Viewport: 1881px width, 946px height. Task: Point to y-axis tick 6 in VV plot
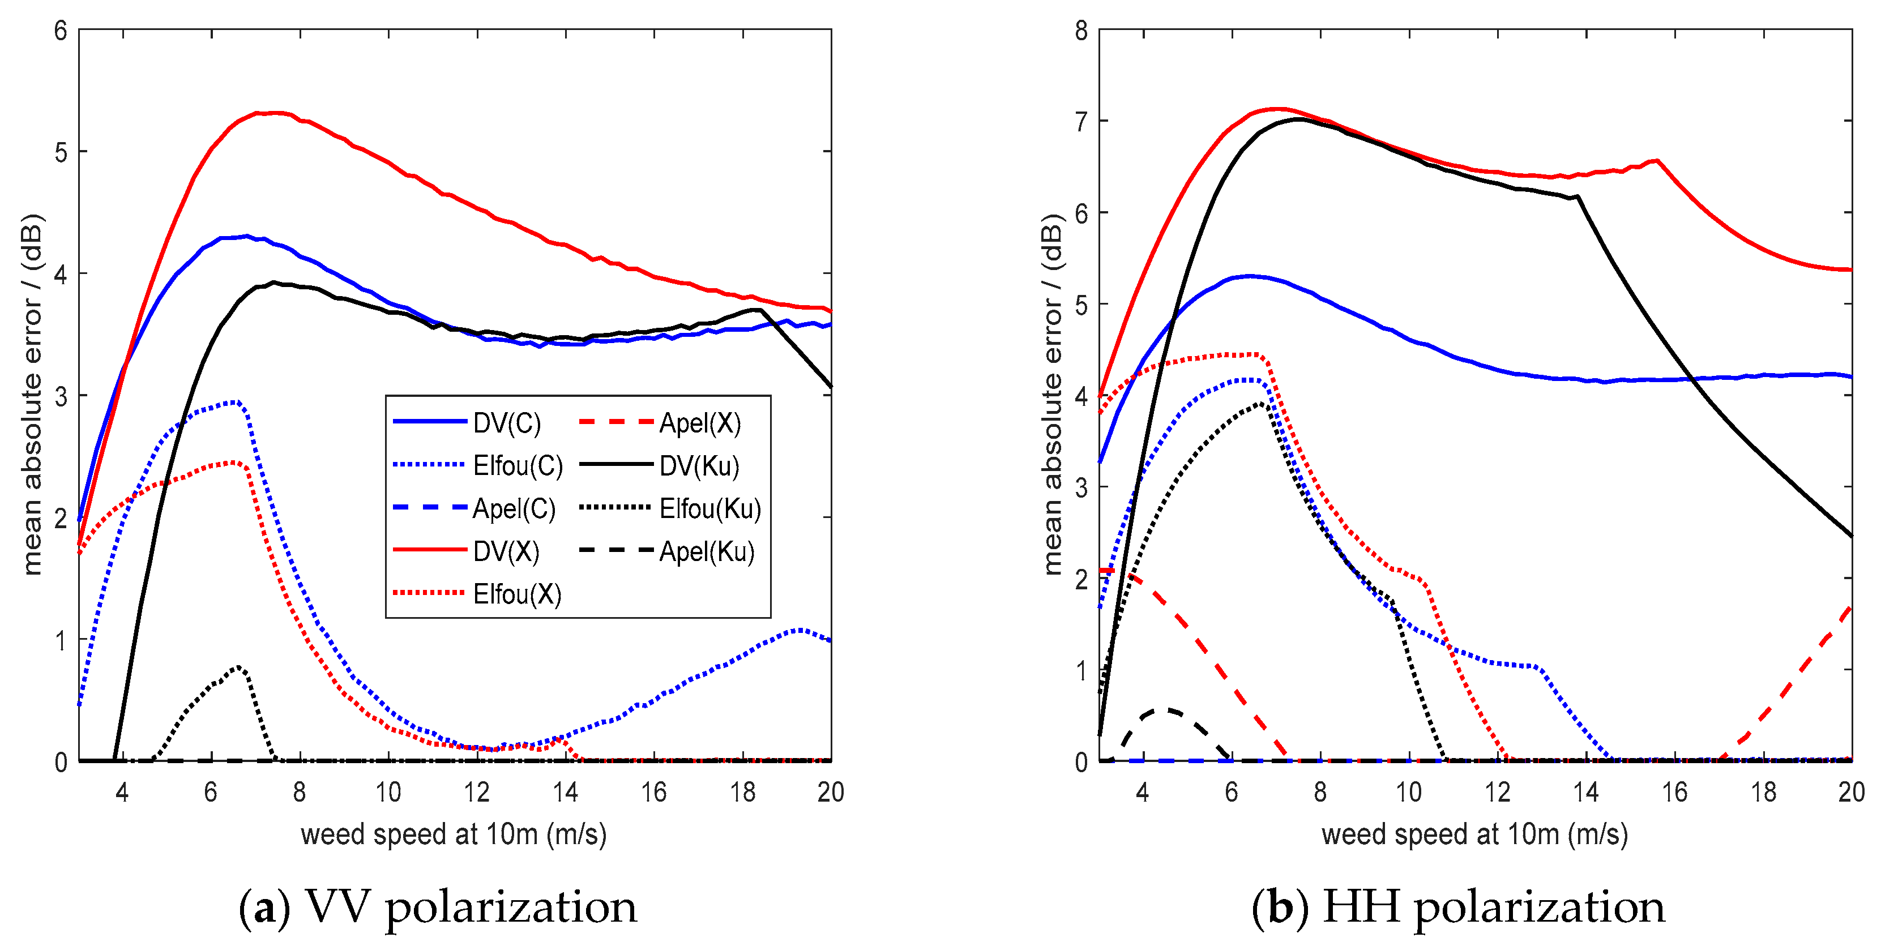pos(61,31)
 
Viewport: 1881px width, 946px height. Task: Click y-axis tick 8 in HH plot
pos(1081,31)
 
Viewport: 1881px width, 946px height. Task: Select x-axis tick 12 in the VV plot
pos(477,792)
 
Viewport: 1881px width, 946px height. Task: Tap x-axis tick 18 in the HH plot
pos(1763,792)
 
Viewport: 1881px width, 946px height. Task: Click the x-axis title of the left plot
pos(454,834)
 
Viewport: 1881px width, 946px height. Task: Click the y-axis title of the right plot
pos(1051,394)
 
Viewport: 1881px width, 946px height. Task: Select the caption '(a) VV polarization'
pos(438,906)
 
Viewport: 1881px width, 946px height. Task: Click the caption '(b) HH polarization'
pos(1458,906)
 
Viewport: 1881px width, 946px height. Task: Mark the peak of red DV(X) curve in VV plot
pos(274,113)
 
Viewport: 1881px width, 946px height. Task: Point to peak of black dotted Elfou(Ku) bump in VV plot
pos(239,667)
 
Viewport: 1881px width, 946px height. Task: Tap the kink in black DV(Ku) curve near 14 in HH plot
pos(1579,196)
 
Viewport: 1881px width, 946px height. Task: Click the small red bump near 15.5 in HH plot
pos(1657,161)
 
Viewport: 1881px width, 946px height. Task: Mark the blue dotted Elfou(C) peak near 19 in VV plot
pos(799,629)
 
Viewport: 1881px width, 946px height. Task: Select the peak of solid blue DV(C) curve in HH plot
pos(1250,276)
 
